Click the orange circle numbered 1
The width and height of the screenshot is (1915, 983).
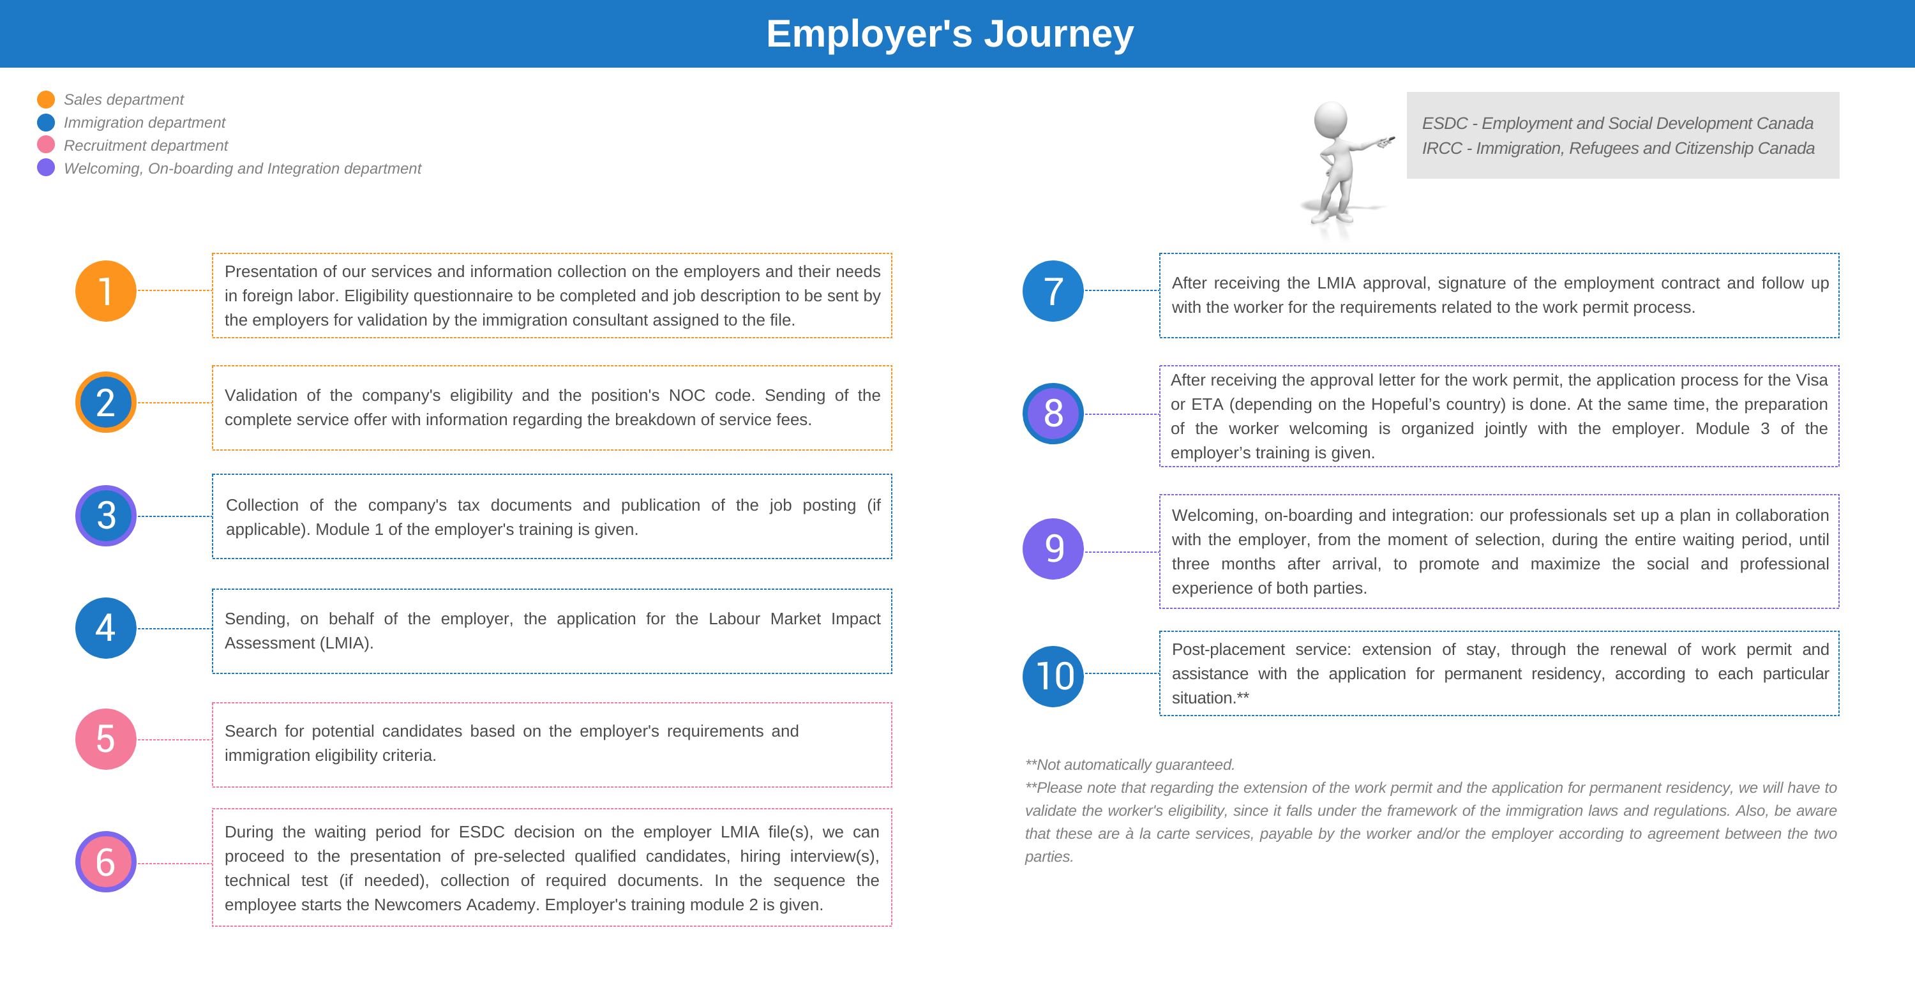(x=105, y=290)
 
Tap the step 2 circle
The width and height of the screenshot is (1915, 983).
(x=105, y=402)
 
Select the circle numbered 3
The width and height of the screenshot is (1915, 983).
(x=105, y=515)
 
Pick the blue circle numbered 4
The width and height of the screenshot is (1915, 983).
(x=105, y=627)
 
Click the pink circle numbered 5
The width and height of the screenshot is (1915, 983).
(x=105, y=739)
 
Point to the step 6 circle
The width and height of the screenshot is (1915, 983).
(x=105, y=862)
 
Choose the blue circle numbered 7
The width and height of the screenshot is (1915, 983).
(x=1053, y=290)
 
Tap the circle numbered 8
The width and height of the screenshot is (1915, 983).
(x=1053, y=414)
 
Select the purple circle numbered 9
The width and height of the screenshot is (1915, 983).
(x=1053, y=549)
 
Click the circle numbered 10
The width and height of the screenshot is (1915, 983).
(x=1053, y=676)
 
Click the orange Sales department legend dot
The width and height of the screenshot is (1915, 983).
(x=46, y=99)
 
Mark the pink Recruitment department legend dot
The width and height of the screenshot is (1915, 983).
(x=46, y=145)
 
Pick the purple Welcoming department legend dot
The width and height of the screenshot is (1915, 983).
(x=46, y=168)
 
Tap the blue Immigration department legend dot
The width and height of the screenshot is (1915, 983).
(x=46, y=122)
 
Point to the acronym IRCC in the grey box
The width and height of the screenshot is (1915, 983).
(x=1442, y=149)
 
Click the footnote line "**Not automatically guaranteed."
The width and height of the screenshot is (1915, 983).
(x=1129, y=765)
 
